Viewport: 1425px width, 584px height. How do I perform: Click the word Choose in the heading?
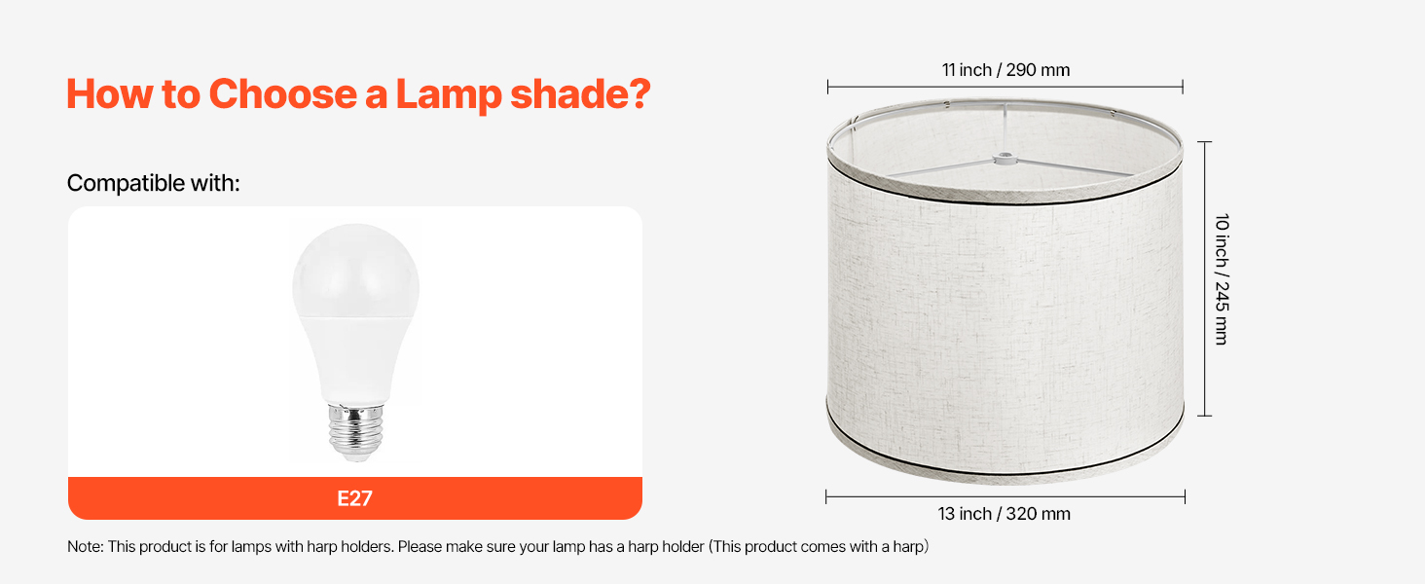click(282, 94)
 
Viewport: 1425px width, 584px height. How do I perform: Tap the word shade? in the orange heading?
click(580, 94)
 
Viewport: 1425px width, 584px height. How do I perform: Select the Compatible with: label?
click(154, 183)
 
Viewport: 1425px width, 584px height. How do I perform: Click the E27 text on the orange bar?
click(354, 498)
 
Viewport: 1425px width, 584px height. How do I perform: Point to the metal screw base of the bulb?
click(355, 429)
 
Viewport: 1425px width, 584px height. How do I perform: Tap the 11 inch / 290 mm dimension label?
click(1005, 70)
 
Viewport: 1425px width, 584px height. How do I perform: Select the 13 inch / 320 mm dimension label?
click(1004, 514)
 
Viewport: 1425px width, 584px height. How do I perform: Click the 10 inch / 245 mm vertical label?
click(1222, 279)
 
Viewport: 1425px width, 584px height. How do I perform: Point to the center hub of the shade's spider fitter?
click(1005, 158)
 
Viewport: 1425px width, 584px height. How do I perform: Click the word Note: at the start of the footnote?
click(86, 546)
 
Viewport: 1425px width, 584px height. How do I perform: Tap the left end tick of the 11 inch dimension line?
click(827, 88)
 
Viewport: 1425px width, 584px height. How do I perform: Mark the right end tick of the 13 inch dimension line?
click(1185, 496)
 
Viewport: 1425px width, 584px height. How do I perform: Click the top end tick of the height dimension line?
click(1204, 142)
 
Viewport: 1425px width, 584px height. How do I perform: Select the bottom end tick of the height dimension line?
click(1204, 416)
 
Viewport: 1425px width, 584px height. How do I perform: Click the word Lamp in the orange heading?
click(449, 95)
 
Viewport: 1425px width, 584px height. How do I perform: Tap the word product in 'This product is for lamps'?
click(165, 547)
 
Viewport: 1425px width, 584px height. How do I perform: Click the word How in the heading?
click(109, 94)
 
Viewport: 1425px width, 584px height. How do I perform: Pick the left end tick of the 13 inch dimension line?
click(825, 496)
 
